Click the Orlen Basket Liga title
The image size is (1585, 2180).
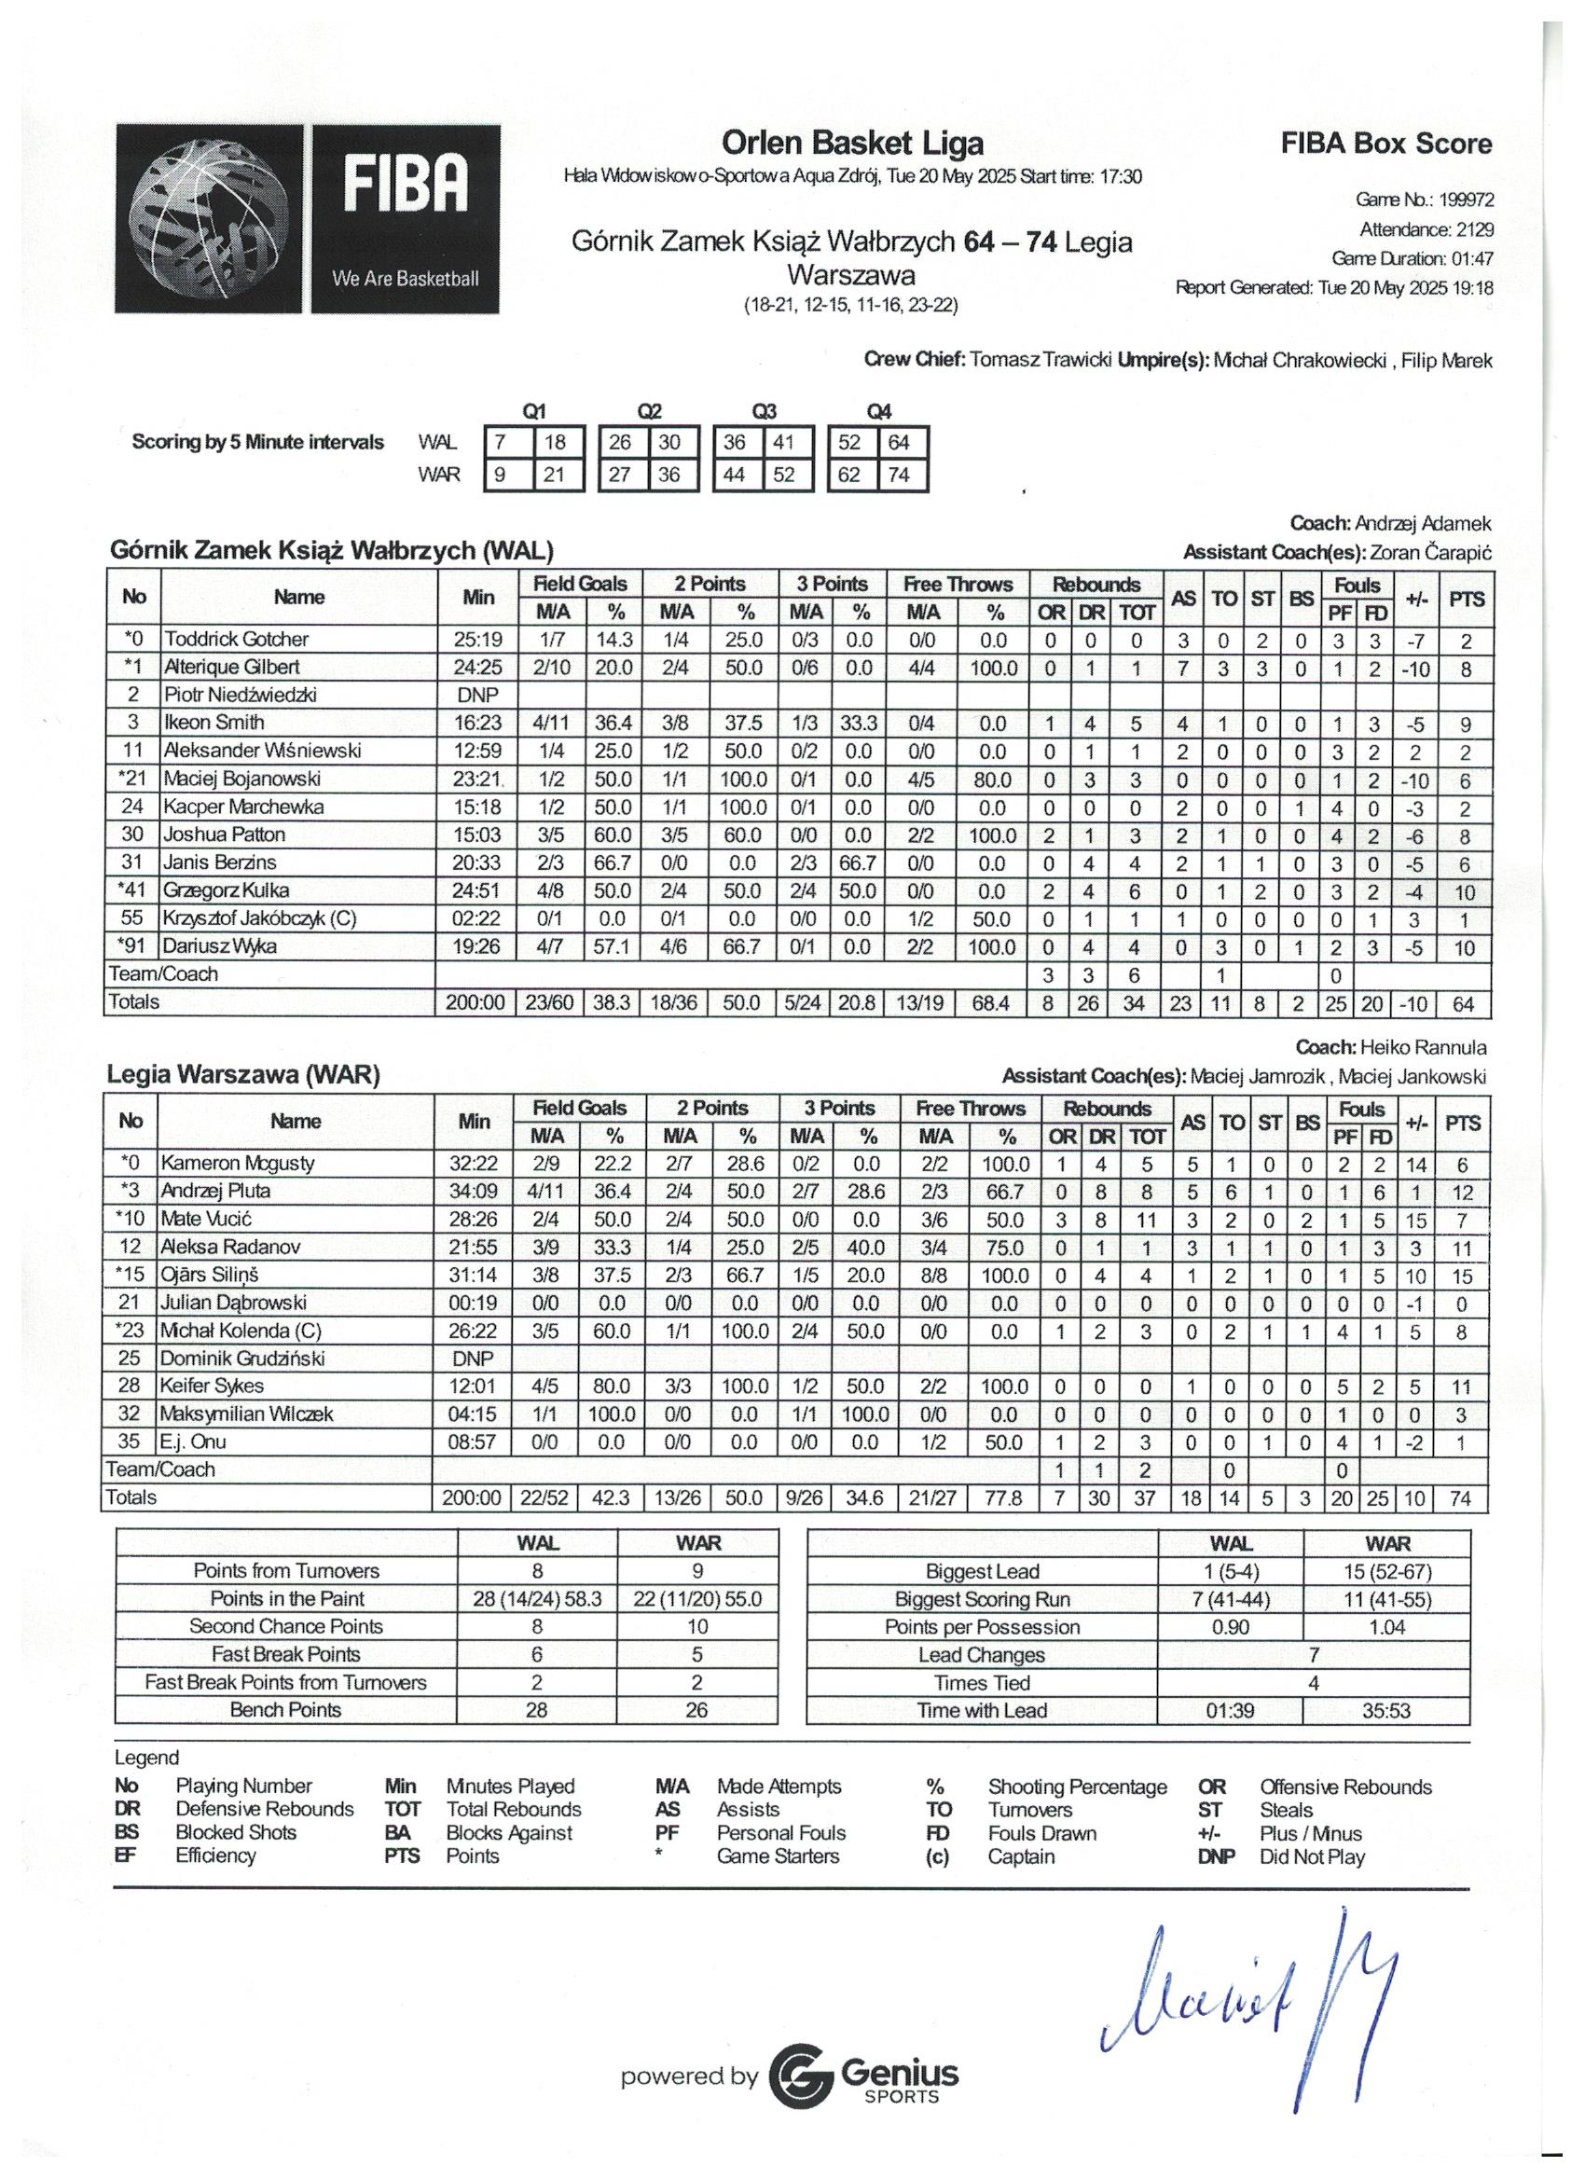852,144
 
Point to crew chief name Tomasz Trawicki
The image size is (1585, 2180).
1041,361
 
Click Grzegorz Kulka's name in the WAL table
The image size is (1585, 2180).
226,890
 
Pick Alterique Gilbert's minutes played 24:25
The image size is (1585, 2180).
476,666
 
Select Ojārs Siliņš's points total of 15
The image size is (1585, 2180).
1462,1276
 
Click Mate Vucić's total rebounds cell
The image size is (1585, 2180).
1145,1220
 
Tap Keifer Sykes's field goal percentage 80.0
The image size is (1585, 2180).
612,1387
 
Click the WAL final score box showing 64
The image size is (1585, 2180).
899,443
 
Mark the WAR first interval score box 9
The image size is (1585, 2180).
500,475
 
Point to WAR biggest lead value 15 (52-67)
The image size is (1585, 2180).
1386,1571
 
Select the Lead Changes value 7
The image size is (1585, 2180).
1313,1654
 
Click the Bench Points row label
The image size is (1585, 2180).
285,1710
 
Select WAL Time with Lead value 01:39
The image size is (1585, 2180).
1230,1711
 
